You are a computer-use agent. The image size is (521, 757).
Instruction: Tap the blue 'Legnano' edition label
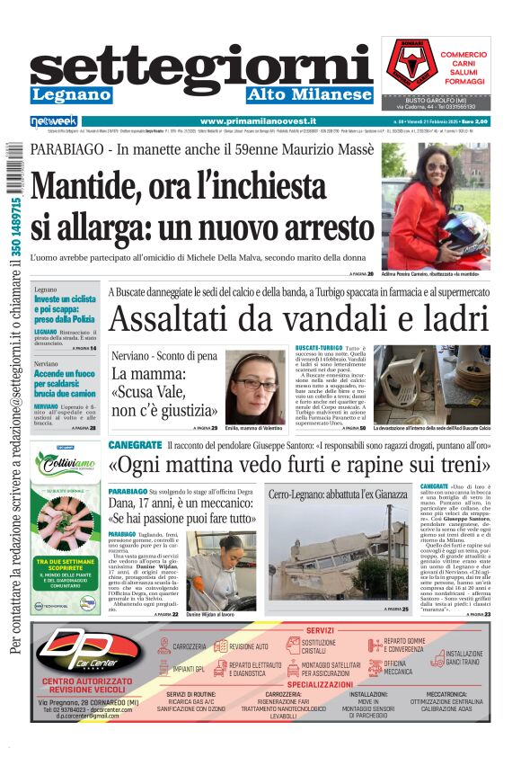coord(71,94)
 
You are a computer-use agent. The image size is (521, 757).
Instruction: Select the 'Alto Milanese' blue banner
coord(310,94)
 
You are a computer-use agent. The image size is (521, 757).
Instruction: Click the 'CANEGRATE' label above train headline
coord(135,445)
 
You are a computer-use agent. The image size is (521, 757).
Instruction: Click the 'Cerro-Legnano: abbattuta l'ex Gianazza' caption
coord(338,495)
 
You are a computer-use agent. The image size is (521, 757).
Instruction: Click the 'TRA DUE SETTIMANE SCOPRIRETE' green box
coord(66,568)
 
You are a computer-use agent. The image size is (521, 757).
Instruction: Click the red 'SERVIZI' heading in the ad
coord(320,631)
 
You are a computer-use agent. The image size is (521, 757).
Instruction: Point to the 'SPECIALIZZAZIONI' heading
coord(320,684)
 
